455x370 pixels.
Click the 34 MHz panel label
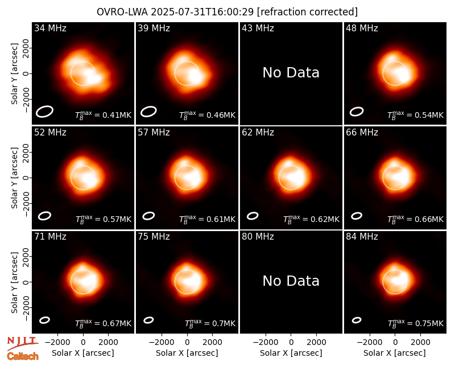coord(50,28)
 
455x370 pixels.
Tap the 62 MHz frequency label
coord(258,133)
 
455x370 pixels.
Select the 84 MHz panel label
coord(362,237)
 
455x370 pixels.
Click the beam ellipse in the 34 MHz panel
coord(45,112)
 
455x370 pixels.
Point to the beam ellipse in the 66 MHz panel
coord(357,216)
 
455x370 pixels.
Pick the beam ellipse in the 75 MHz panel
coord(148,320)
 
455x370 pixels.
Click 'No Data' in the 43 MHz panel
coord(291,73)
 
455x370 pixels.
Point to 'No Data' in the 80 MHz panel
coord(291,281)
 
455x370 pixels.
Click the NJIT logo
coord(23,343)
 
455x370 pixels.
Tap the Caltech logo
coord(23,356)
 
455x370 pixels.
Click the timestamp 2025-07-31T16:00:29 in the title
coord(202,12)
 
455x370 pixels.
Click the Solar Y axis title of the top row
coord(14,74)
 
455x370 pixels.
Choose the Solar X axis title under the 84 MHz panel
coord(395,353)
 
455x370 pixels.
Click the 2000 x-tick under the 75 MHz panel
coord(212,342)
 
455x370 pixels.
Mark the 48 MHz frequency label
coord(362,28)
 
